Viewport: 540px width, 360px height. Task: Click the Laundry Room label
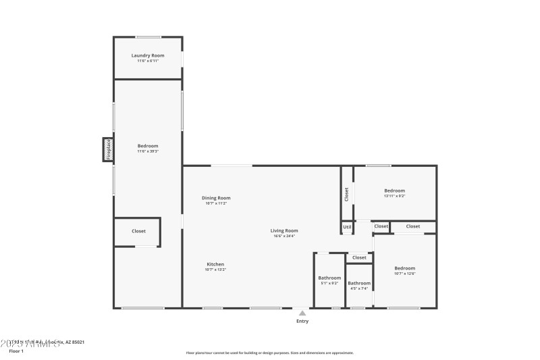(x=148, y=55)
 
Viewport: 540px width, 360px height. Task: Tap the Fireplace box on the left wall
(x=107, y=149)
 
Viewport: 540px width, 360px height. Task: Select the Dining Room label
(x=216, y=198)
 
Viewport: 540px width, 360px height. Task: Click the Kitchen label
(x=215, y=264)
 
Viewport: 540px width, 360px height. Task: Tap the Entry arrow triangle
(x=302, y=313)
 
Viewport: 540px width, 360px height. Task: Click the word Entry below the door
(x=302, y=321)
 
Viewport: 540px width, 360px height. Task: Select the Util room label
(x=347, y=228)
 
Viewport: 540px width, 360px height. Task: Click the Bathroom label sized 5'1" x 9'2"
(x=329, y=278)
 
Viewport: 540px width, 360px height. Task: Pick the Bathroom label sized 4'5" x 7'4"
(x=359, y=283)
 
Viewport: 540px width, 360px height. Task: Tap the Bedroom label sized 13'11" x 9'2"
(x=395, y=190)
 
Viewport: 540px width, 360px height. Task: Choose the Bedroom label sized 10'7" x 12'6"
(x=405, y=268)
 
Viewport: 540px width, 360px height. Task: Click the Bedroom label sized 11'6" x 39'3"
(x=148, y=146)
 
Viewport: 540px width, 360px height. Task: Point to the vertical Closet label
(x=347, y=194)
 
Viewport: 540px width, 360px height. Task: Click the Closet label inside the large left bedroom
(x=138, y=231)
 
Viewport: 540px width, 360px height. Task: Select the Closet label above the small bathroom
(x=359, y=257)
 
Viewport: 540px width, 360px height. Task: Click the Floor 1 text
(x=16, y=351)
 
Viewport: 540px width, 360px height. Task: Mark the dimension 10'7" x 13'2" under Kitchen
(x=215, y=269)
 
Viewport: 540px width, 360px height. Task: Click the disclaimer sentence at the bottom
(x=269, y=353)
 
